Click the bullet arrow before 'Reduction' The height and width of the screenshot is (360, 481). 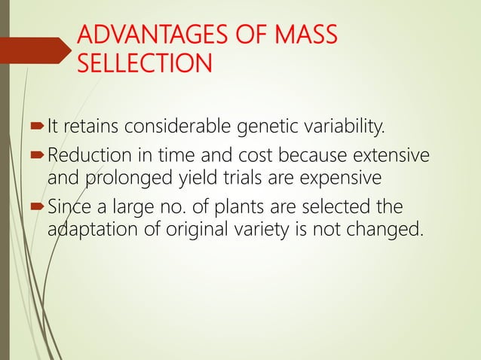37,157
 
